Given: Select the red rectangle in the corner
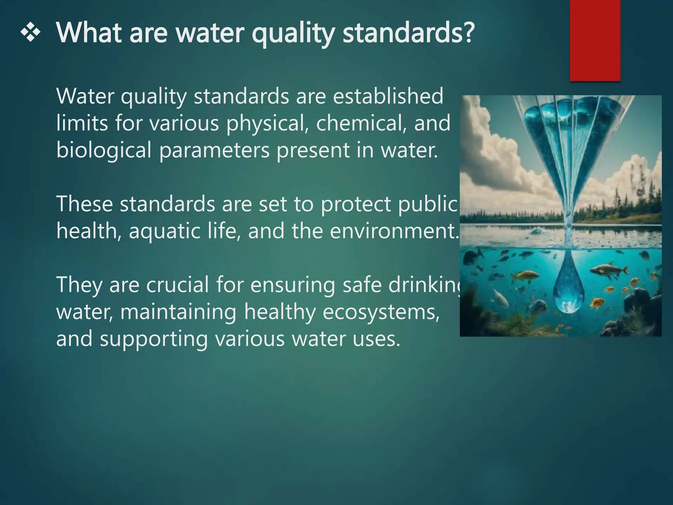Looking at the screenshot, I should coord(595,40).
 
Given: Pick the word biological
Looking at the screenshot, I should coord(104,151).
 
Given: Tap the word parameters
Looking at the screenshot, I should coord(214,151).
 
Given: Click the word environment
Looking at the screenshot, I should coord(393,231).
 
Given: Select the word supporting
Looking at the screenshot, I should coord(153,339).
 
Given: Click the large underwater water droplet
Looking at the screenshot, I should coord(567,286).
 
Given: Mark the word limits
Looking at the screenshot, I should coord(82,123).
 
